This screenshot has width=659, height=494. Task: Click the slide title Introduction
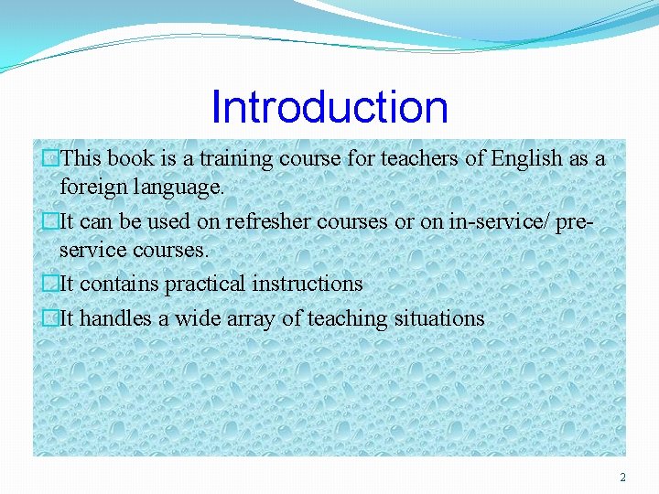click(329, 107)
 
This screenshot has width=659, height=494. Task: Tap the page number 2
click(622, 478)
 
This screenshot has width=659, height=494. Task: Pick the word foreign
click(90, 188)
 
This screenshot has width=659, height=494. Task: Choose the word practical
click(205, 285)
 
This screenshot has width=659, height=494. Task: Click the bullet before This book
click(50, 159)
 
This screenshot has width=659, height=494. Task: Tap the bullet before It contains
click(50, 285)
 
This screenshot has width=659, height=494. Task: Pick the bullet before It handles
click(50, 319)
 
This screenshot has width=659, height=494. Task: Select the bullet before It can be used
click(50, 221)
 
